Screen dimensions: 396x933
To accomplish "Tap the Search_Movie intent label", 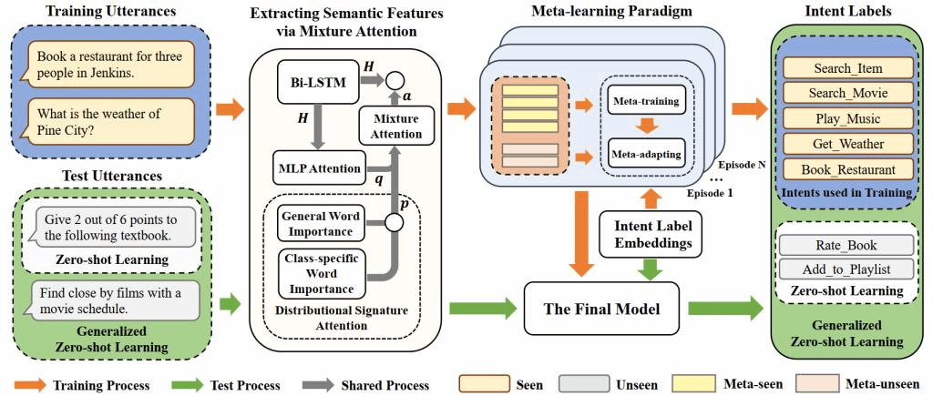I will [x=846, y=93].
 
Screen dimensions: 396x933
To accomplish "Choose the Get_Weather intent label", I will [x=846, y=144].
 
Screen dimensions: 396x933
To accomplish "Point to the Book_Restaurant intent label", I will [x=846, y=169].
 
